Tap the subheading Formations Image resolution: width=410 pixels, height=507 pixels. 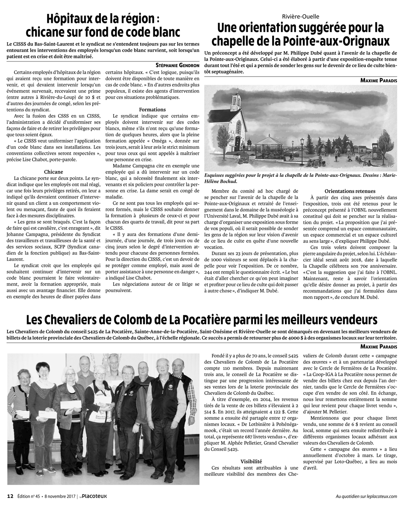click(152, 109)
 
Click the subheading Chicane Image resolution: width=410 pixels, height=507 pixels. click(53, 172)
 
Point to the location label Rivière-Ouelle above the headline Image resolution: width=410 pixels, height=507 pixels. click(301, 16)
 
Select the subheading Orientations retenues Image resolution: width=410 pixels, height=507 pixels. click(350, 191)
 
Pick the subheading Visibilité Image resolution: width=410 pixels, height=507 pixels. click(251, 460)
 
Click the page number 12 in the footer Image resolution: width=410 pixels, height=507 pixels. click(11, 496)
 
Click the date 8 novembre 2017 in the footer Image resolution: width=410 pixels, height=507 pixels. click(59, 496)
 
